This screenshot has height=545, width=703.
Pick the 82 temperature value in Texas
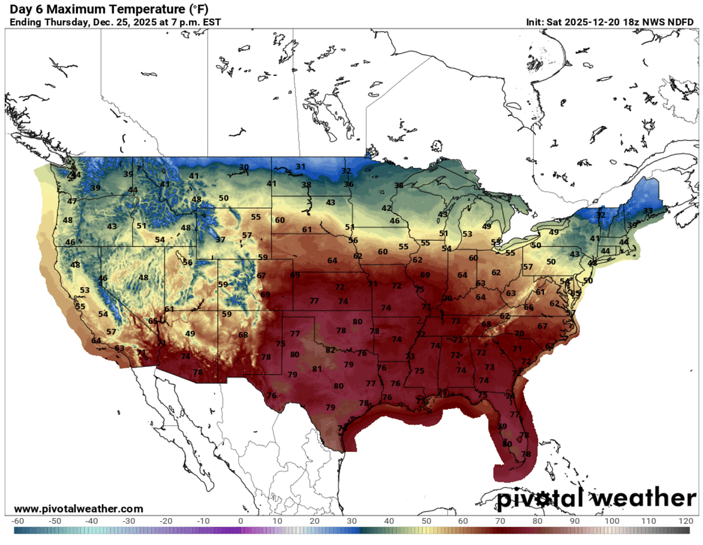coord(331,350)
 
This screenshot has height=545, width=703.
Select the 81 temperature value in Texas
coord(317,369)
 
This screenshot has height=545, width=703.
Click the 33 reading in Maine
coord(648,211)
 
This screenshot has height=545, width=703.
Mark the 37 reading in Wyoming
coord(220,240)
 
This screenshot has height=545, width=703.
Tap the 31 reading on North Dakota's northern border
coord(300,167)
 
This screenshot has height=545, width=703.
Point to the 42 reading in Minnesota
coord(386,208)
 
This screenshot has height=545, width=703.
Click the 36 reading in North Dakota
coord(348,184)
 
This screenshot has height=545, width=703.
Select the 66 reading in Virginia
coord(529,308)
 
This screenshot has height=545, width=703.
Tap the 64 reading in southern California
coord(96,341)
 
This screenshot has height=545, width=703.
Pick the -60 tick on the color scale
coord(18,520)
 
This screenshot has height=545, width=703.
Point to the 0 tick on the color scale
coord(241,520)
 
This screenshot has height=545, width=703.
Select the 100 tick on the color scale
coord(612,520)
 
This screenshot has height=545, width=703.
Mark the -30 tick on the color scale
coord(129,520)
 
